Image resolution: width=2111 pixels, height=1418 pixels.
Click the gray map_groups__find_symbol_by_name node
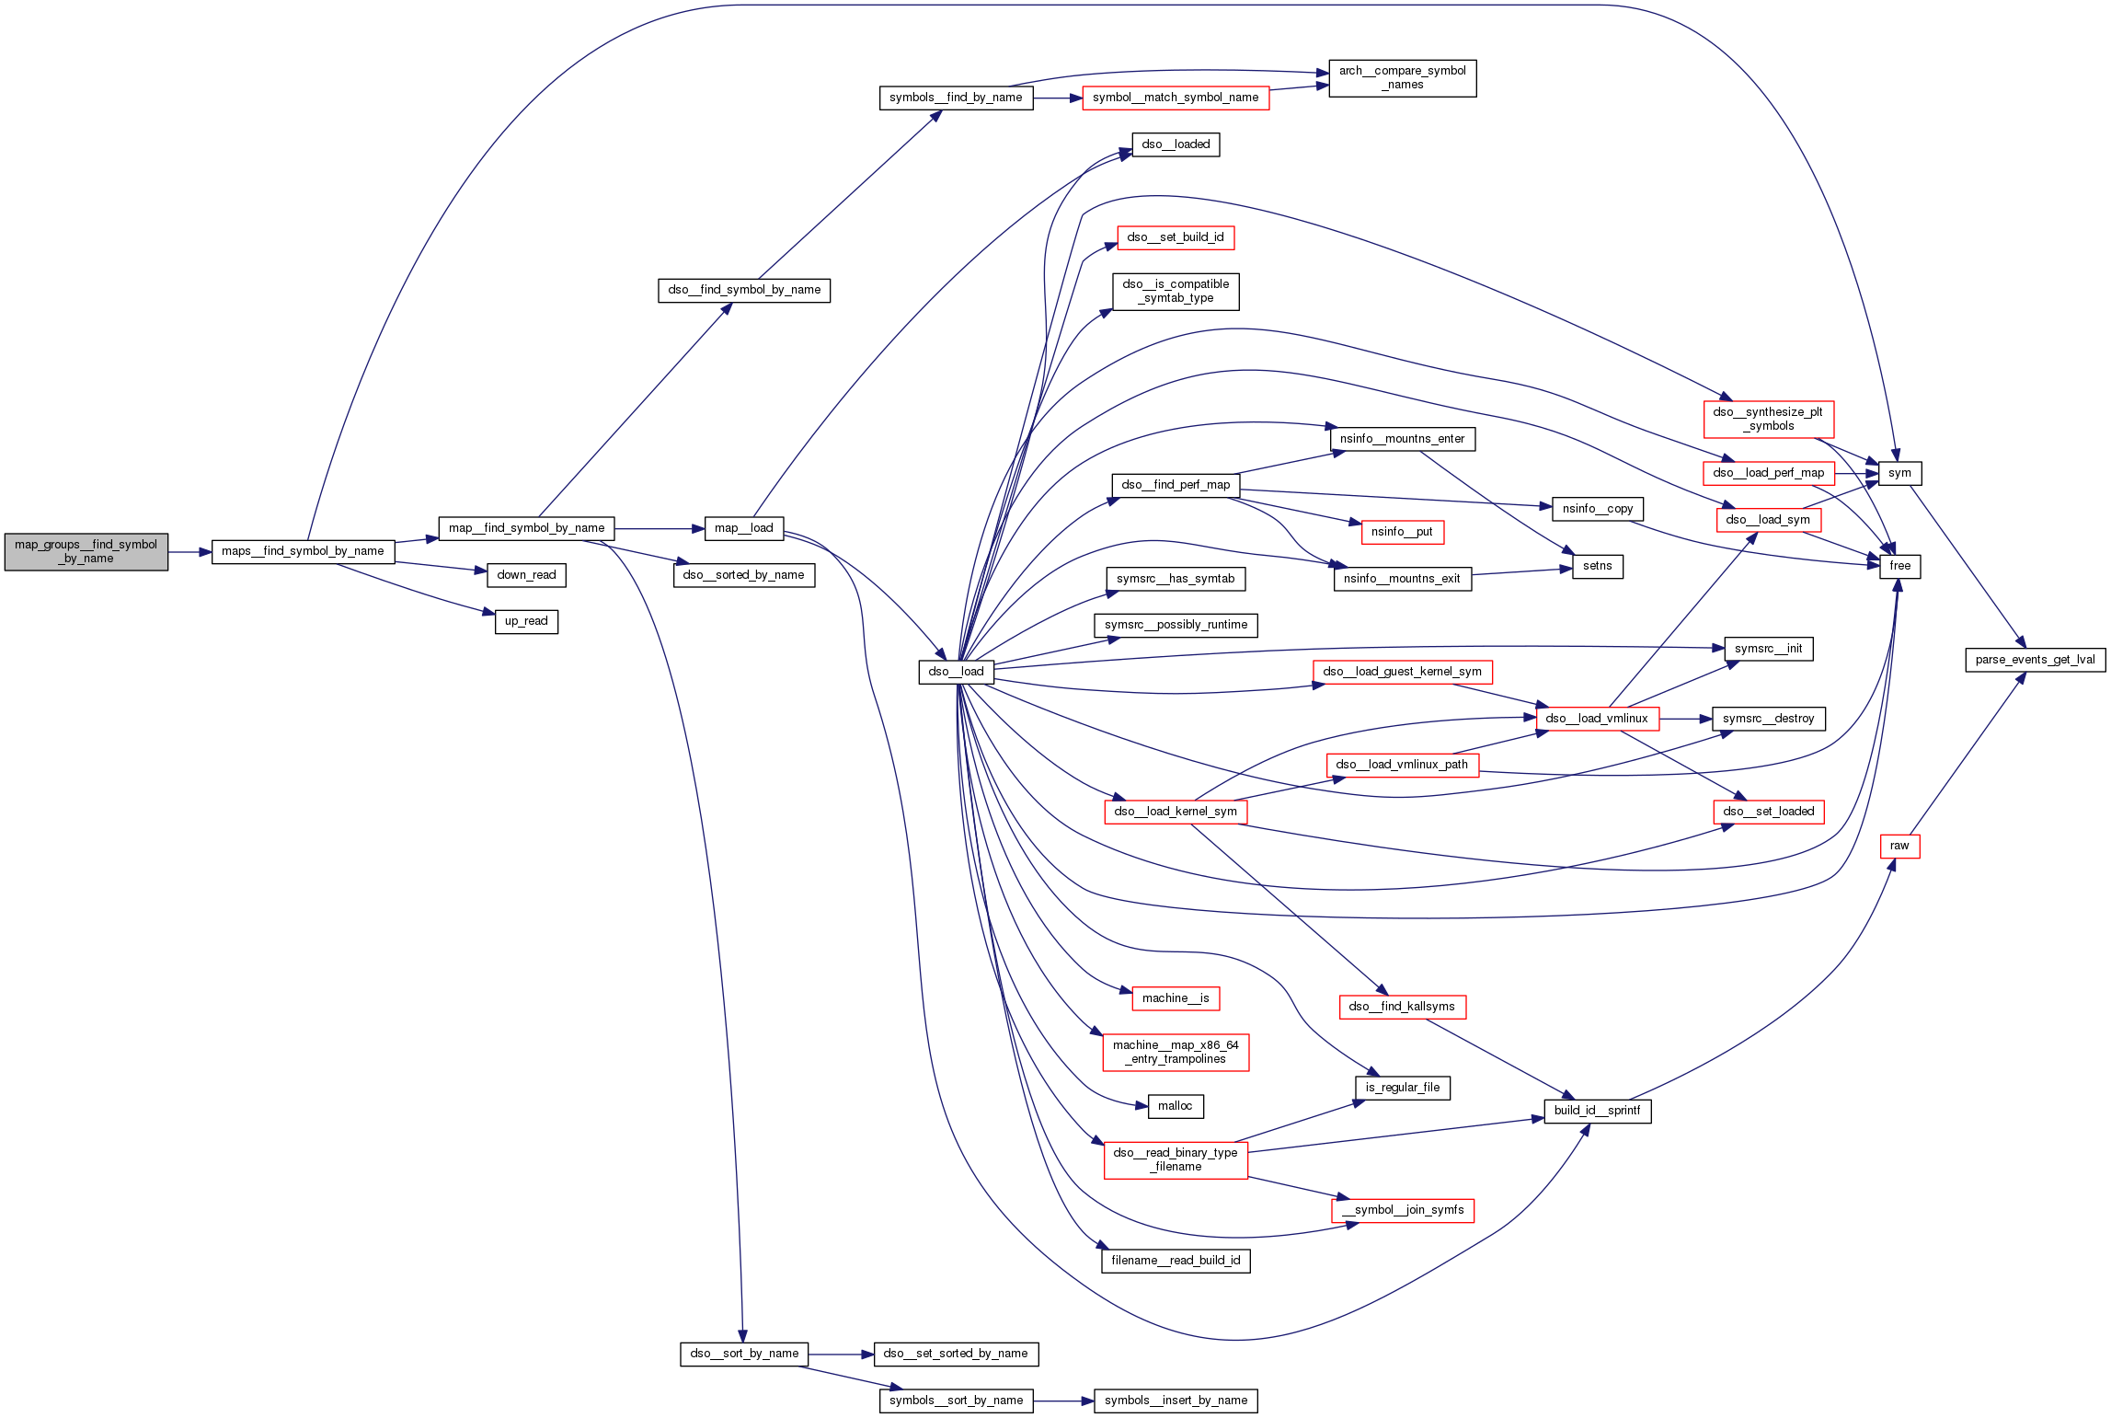point(86,551)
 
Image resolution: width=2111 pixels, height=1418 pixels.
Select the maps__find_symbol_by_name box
point(303,551)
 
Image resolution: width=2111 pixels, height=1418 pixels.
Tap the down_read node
point(526,575)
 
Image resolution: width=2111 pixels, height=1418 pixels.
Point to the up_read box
point(526,621)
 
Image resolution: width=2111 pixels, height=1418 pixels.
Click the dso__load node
point(956,672)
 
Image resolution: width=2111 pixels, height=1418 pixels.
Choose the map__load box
point(743,528)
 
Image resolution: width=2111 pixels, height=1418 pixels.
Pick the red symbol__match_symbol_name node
point(1176,98)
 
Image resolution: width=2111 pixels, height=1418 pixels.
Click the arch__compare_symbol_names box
point(1402,77)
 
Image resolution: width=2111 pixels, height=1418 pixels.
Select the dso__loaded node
point(1176,144)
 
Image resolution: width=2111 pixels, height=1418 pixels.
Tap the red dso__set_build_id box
point(1176,237)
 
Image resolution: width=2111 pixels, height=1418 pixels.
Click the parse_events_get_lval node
point(2035,660)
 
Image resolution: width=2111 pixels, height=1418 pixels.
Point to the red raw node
point(1899,846)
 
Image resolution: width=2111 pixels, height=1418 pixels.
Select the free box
point(1899,566)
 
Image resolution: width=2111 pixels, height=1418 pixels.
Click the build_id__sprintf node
point(1597,1111)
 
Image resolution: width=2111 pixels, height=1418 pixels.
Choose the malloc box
point(1176,1106)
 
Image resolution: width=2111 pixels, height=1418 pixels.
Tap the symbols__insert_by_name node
point(1176,1401)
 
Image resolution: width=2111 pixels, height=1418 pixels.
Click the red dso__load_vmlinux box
point(1597,719)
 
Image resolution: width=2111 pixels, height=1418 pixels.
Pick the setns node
point(1597,566)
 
